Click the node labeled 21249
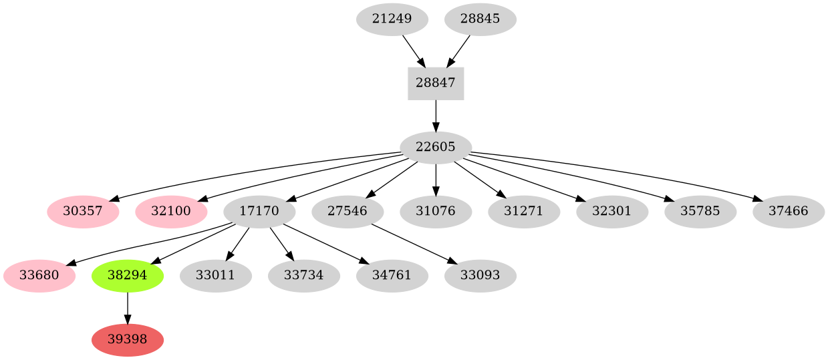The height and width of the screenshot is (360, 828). click(392, 19)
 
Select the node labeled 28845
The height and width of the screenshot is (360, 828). click(480, 19)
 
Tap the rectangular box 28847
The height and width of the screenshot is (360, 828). click(436, 83)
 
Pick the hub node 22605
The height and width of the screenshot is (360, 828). click(436, 147)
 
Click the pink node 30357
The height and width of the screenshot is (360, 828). click(83, 211)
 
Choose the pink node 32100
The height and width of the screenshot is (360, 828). click(171, 211)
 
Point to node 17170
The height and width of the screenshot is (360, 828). click(259, 211)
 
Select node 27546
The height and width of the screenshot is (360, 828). click(348, 211)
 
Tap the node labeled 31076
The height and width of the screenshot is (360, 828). click(436, 211)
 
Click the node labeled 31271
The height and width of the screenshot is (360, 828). click(524, 211)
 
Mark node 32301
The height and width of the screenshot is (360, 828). click(612, 211)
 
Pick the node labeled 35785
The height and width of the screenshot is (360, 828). click(700, 211)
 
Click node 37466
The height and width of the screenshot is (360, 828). click(789, 211)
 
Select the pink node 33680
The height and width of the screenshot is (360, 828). click(39, 275)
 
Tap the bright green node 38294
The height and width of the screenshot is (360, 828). click(127, 275)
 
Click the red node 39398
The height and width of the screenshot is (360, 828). click(127, 339)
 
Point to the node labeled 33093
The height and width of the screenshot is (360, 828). click(480, 275)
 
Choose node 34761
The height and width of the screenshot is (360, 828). click(392, 275)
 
